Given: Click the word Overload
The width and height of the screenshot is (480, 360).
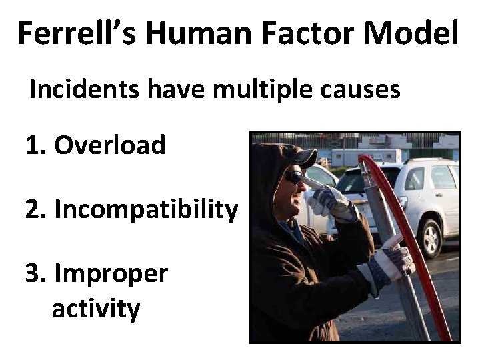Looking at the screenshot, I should point(109,145).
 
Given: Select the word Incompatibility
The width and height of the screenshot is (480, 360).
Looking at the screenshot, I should point(145,209).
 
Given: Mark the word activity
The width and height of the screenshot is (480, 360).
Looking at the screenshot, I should point(95,309).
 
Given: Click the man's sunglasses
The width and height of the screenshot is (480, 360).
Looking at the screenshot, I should point(294,177).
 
